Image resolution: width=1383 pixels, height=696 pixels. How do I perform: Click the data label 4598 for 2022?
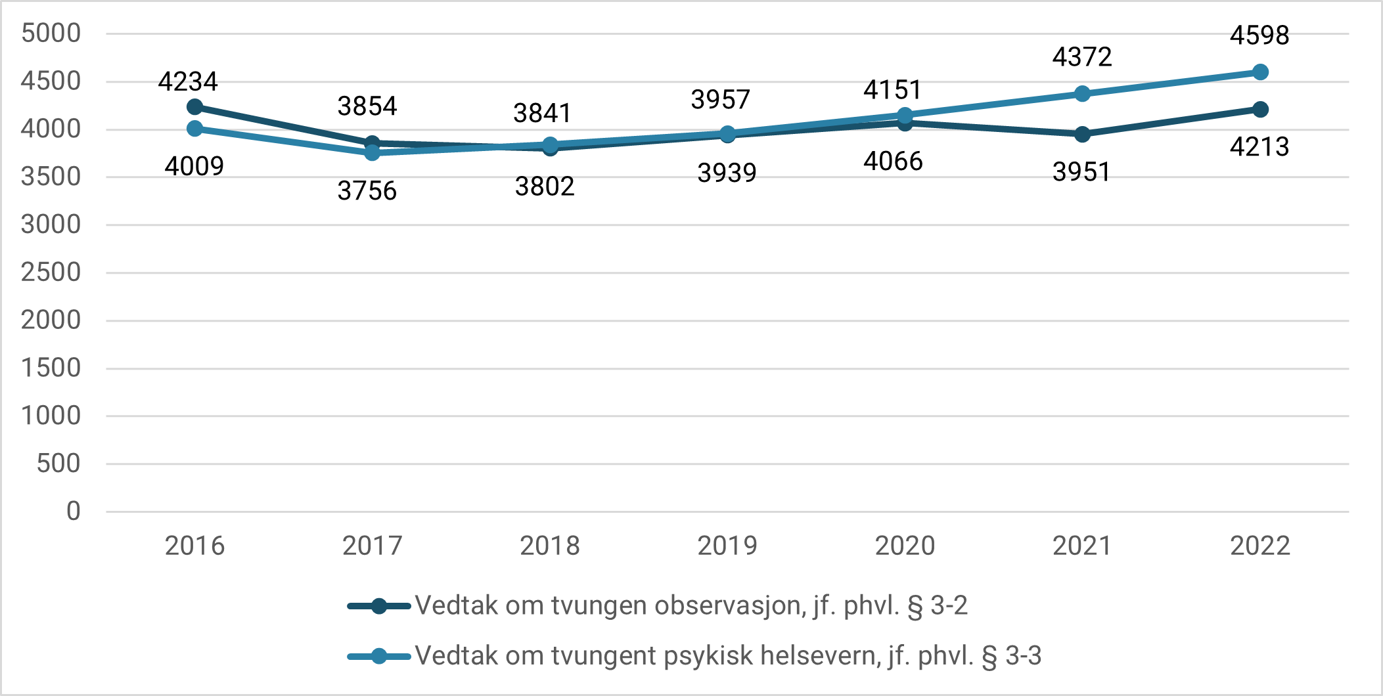[x=1259, y=35]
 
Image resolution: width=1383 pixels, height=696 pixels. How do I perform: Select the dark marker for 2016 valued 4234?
[x=194, y=106]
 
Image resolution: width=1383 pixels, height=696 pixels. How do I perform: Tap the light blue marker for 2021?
[x=1082, y=94]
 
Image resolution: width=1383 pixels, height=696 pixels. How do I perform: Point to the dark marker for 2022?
[x=1260, y=109]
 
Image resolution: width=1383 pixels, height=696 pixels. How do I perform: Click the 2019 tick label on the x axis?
[x=727, y=546]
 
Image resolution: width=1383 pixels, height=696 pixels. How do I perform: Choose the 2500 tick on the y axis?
[x=51, y=272]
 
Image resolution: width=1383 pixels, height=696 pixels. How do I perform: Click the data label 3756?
[x=367, y=191]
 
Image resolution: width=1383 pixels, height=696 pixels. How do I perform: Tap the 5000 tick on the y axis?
[x=51, y=33]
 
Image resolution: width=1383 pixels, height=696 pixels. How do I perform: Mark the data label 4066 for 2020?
[x=893, y=162]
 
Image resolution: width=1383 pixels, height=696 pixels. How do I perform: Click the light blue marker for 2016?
[x=194, y=128]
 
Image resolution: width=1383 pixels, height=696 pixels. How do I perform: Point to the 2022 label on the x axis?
[x=1259, y=546]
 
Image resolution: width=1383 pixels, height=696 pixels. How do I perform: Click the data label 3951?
[x=1081, y=172]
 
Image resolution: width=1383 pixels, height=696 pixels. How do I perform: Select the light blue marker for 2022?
[x=1260, y=72]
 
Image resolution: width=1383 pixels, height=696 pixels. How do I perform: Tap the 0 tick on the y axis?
[x=73, y=511]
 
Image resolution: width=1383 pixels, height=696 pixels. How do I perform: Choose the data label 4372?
[x=1082, y=57]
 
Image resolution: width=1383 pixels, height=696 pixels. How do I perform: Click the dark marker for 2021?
[x=1082, y=135]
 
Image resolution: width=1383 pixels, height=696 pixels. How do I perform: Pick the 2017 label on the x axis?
[x=372, y=546]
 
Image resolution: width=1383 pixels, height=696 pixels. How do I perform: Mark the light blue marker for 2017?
[x=372, y=152]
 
